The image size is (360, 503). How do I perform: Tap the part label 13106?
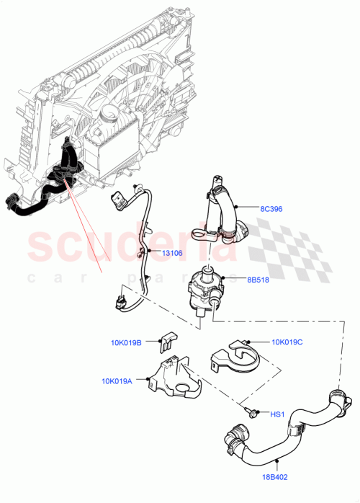click(x=172, y=253)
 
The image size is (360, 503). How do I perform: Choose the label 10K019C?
click(x=288, y=342)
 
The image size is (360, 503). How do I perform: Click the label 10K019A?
click(x=118, y=381)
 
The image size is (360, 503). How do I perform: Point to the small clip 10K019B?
click(x=168, y=338)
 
